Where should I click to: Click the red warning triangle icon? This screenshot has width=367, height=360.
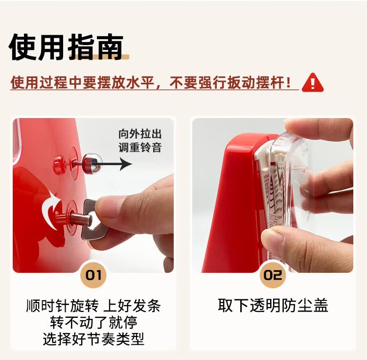point(312,83)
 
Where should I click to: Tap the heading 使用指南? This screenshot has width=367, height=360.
point(66,48)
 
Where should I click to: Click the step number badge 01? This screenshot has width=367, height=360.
point(93,275)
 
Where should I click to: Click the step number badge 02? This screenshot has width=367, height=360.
point(273,275)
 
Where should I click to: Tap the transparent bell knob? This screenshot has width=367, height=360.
point(91,163)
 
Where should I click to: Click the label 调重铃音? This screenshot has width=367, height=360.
point(140,147)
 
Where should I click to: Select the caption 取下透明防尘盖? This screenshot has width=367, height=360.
point(273,306)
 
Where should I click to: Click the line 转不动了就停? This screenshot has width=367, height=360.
point(93,322)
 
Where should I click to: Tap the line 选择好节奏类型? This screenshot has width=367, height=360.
point(93,339)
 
